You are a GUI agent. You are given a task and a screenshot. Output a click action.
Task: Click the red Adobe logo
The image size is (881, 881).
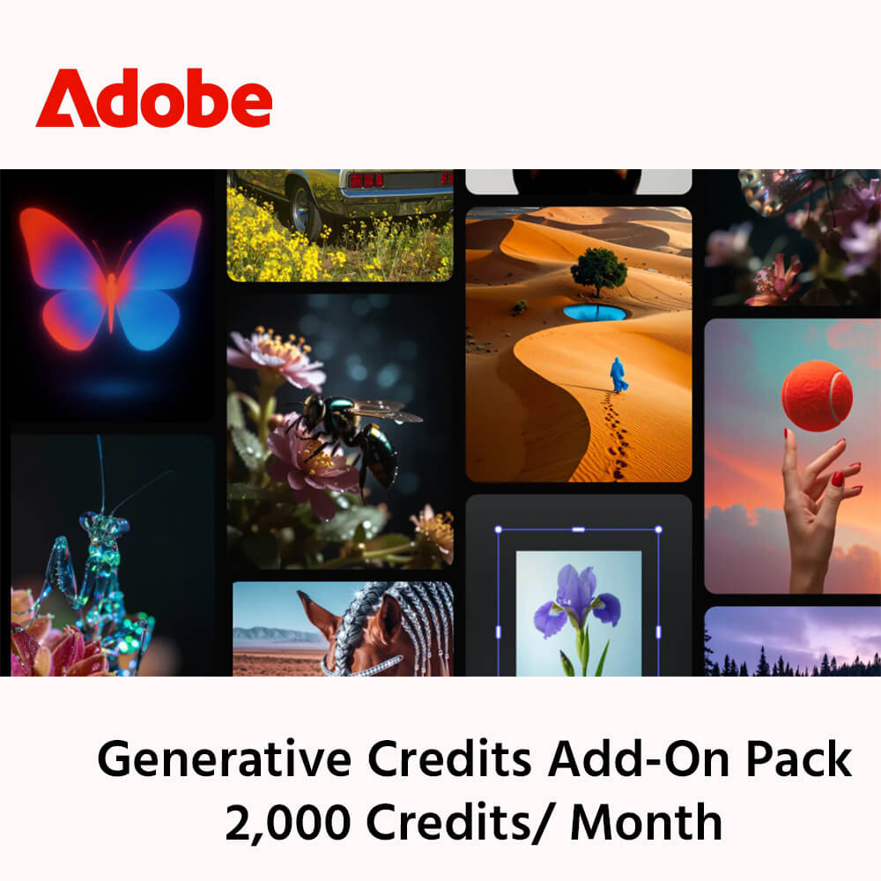[153, 98]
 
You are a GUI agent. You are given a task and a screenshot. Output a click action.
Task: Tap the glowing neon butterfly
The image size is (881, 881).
[111, 278]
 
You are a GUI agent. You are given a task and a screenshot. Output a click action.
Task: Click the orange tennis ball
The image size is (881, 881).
[817, 396]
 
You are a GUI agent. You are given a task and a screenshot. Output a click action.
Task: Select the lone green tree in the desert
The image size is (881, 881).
[598, 268]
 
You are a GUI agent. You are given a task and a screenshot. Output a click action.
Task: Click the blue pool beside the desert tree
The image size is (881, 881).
[596, 313]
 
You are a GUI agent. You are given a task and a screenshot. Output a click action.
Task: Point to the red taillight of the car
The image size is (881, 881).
[366, 181]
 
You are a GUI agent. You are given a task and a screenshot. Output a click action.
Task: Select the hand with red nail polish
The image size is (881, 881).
[815, 511]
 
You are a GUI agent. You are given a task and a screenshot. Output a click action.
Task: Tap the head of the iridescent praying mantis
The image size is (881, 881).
[104, 526]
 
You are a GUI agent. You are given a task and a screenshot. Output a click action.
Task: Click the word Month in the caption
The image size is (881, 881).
[646, 824]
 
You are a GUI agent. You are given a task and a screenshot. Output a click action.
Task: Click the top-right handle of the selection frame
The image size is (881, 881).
[658, 530]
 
